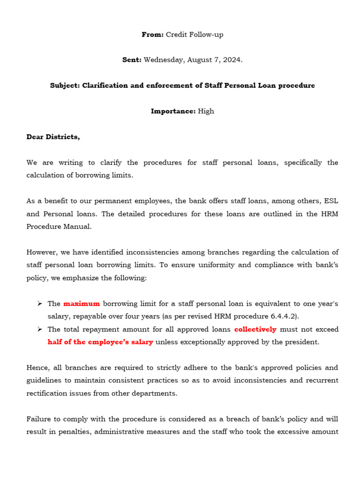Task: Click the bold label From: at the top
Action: [x=152, y=35]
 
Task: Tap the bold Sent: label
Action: [x=131, y=60]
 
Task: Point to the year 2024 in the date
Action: [x=232, y=60]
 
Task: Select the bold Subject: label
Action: [x=65, y=86]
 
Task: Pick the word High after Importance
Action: [x=206, y=111]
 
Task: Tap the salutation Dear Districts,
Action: [x=53, y=137]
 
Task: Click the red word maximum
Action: [x=82, y=304]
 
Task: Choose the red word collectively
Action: [x=255, y=329]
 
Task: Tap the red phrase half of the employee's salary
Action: [x=100, y=342]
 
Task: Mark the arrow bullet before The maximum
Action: [x=40, y=304]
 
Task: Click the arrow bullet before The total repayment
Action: [x=40, y=329]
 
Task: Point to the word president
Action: [x=300, y=342]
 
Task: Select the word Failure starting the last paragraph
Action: [x=40, y=419]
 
